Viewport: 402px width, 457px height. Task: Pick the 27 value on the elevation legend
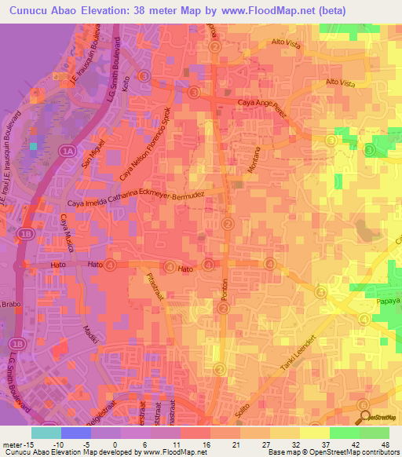254,444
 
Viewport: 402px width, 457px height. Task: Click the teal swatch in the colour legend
46,432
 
